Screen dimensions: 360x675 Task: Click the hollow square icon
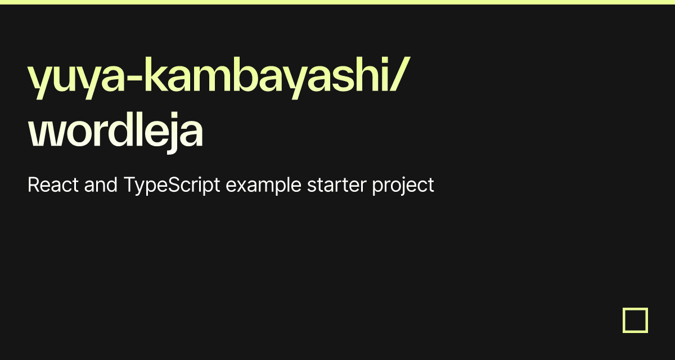[635, 320]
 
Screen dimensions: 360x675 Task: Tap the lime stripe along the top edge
[337, 2]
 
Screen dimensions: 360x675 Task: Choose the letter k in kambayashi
[152, 76]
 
